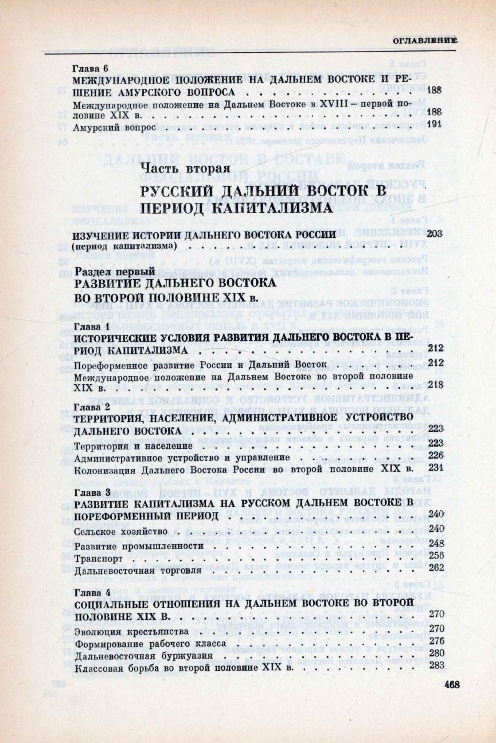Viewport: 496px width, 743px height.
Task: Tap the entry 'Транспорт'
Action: [95, 557]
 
